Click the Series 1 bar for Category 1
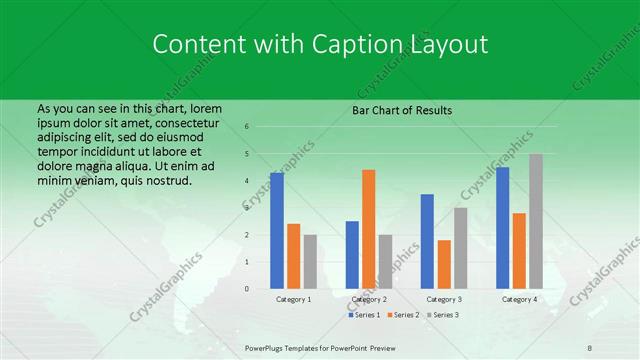click(277, 231)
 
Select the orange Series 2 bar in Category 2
click(368, 229)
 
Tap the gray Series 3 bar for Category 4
click(536, 221)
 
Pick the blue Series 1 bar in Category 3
click(427, 241)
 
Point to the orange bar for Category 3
click(444, 264)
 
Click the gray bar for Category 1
click(310, 262)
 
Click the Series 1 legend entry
click(366, 315)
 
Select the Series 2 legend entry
click(405, 315)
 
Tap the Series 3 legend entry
click(445, 315)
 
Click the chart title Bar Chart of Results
click(402, 110)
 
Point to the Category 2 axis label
click(369, 299)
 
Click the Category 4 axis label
click(519, 299)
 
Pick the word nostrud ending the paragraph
click(167, 180)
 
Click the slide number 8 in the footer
click(590, 348)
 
